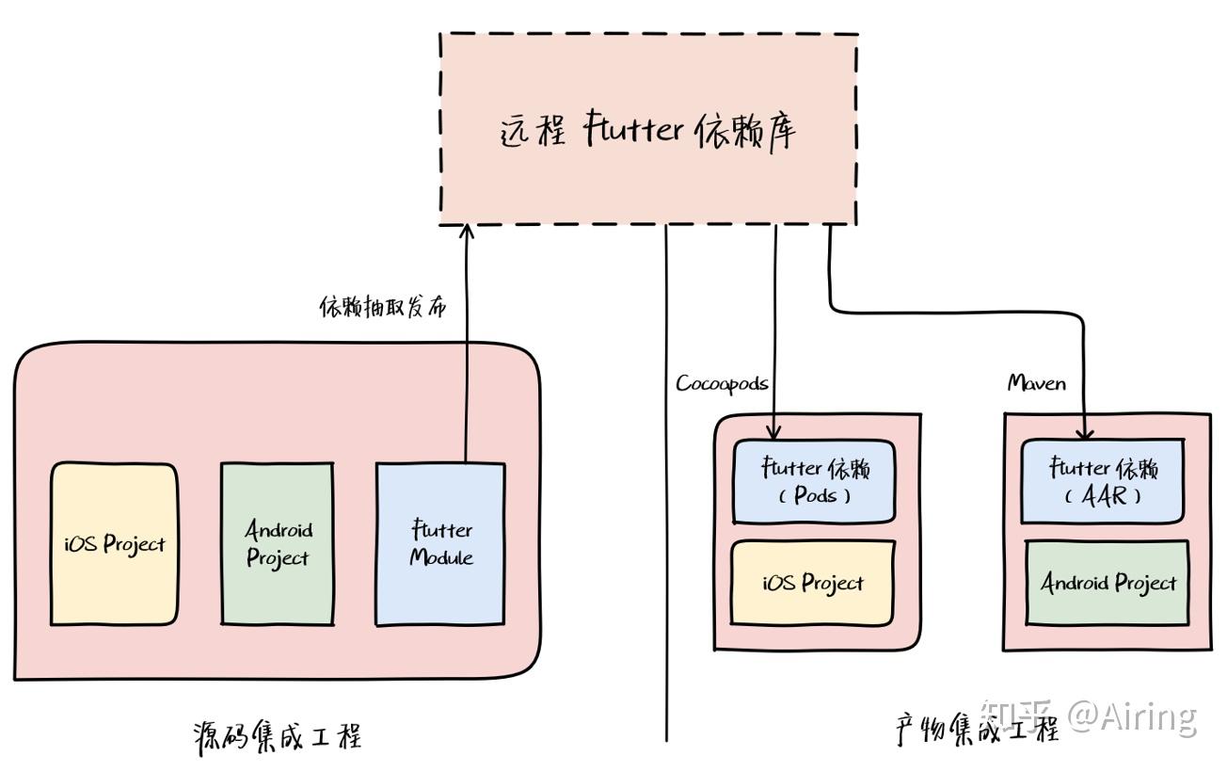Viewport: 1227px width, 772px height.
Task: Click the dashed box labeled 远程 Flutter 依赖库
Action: tap(648, 129)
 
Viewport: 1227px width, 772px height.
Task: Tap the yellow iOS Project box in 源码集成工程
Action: tap(114, 543)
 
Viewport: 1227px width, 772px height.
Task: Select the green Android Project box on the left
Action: tap(277, 543)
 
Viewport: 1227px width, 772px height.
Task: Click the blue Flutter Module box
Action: tap(440, 543)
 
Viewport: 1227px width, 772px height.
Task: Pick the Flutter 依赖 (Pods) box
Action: tap(814, 481)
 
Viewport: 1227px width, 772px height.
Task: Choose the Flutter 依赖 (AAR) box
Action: tap(1104, 481)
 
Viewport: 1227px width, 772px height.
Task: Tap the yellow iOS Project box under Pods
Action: tap(813, 583)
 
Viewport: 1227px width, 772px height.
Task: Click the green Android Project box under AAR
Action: tap(1107, 583)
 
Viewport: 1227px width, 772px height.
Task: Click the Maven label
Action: tap(1037, 382)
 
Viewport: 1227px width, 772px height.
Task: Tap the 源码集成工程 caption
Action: tap(277, 735)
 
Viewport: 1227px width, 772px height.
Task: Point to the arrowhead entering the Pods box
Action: tap(773, 432)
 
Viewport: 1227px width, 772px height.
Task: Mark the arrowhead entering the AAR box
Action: tap(1085, 433)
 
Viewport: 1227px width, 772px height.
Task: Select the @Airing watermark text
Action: tap(1133, 717)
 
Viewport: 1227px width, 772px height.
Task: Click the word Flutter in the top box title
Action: tap(632, 129)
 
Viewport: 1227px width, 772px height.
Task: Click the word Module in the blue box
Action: tap(440, 557)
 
